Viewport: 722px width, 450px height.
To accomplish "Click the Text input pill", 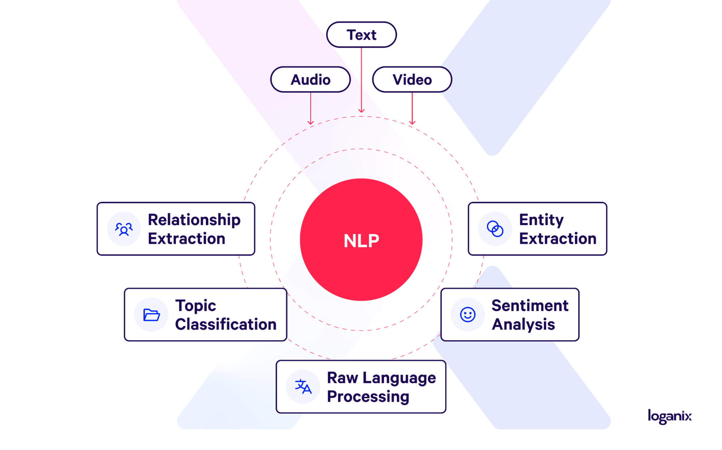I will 361,35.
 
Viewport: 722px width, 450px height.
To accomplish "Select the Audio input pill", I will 310,79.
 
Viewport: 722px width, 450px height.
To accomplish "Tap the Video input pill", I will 412,79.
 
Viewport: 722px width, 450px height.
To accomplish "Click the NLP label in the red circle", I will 361,241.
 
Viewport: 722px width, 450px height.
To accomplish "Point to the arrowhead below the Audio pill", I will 311,123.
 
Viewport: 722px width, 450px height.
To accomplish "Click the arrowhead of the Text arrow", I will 361,110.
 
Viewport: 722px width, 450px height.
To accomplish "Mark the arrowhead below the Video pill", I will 412,123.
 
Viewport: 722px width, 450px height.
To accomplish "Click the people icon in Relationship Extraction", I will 124,229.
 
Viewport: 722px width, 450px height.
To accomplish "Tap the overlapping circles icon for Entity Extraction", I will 495,229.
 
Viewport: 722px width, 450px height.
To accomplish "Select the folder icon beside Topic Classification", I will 151,315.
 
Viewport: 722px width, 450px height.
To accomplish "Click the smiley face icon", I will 467,315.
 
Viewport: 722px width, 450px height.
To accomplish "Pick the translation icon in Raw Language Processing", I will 303,386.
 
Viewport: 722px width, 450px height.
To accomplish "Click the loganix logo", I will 669,416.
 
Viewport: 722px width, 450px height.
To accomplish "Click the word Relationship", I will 194,220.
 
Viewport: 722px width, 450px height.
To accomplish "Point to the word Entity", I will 541,220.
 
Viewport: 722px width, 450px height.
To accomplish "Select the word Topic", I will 195,306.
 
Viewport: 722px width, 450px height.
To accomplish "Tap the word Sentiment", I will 530,306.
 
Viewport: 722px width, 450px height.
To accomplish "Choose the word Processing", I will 368,397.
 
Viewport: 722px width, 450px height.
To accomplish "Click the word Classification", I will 226,324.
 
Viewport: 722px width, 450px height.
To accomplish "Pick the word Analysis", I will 523,324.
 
